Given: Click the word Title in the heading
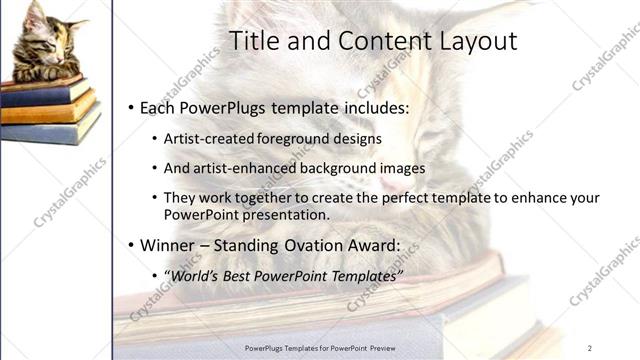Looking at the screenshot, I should [x=254, y=41].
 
